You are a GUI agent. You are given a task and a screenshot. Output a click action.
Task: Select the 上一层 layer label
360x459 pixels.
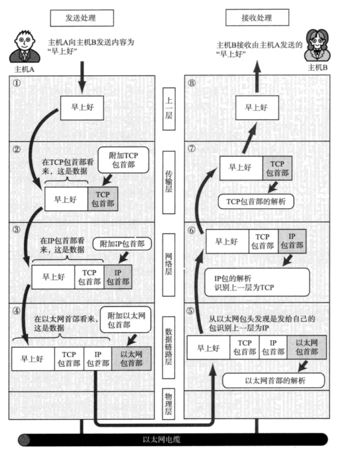[169, 109]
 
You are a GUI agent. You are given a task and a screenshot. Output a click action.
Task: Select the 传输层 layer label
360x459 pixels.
[169, 182]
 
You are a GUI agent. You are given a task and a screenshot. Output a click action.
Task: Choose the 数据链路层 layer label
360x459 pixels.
[169, 346]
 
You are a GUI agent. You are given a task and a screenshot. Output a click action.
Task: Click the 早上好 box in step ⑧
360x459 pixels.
[257, 108]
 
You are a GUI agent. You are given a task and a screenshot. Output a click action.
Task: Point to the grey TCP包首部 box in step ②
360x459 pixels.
[103, 198]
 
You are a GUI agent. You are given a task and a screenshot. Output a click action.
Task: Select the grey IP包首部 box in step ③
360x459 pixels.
[118, 277]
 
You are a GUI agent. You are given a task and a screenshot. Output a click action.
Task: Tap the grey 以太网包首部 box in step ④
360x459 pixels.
[131, 359]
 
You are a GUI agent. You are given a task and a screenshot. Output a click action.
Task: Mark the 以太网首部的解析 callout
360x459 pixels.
[274, 380]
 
